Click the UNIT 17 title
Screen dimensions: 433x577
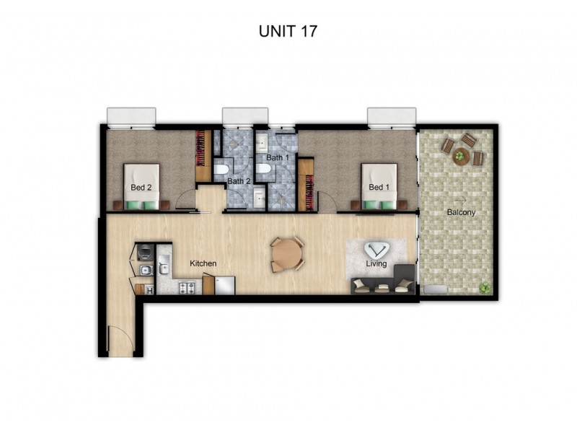pyautogui.click(x=288, y=31)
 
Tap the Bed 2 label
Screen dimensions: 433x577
pyautogui.click(x=141, y=188)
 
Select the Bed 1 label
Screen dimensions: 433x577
pyautogui.click(x=378, y=188)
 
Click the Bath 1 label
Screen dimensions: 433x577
pyautogui.click(x=277, y=157)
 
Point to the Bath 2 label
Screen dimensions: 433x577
pyautogui.click(x=239, y=181)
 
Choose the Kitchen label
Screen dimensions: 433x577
pyautogui.click(x=203, y=264)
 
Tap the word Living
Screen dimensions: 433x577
pyautogui.click(x=376, y=264)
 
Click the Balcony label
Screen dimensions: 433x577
pyautogui.click(x=461, y=212)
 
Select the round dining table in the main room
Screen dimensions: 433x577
pyautogui.click(x=288, y=254)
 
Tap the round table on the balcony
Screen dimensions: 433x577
pyautogui.click(x=460, y=154)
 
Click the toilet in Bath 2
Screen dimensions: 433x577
pyautogui.click(x=222, y=171)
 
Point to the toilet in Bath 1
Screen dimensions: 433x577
pyautogui.click(x=264, y=170)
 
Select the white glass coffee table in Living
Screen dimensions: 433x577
pyautogui.click(x=376, y=250)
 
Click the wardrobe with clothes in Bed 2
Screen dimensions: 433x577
pyautogui.click(x=202, y=154)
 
